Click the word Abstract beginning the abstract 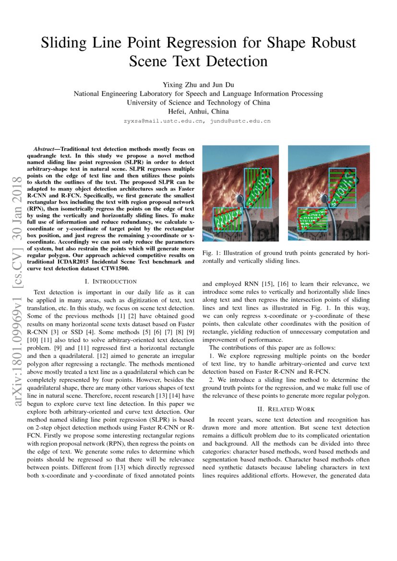point(44,149)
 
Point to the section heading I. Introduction point(110,281)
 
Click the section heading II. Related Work point(286,409)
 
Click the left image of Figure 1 point(241,193)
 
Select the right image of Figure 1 point(329,193)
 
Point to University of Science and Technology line point(198,103)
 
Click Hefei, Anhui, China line point(198,112)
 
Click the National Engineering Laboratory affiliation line point(198,94)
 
